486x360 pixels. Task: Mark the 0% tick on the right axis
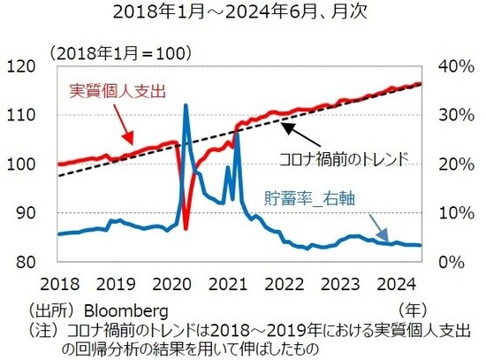tap(454, 262)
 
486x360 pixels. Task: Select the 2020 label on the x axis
tap(172, 285)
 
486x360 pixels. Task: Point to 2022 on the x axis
tap(285, 285)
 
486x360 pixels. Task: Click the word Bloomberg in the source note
tap(125, 311)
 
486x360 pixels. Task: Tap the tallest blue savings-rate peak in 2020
tap(186, 105)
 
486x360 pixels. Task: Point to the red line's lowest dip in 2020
tap(185, 228)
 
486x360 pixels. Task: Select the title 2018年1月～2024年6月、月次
tap(242, 15)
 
